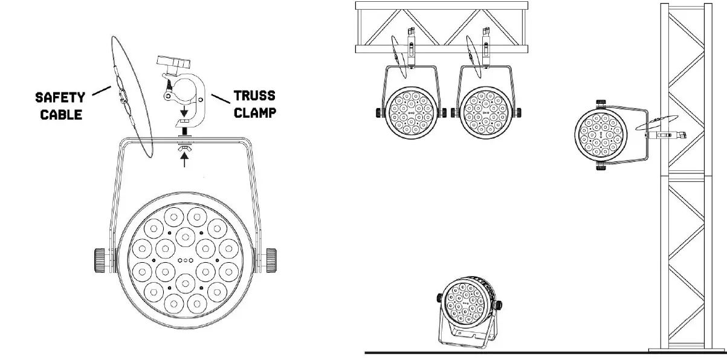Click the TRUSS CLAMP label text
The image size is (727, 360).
coord(254,103)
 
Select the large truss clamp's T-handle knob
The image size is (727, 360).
coord(172,62)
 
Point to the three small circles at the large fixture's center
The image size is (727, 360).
coord(184,261)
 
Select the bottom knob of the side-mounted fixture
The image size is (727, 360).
coord(600,165)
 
